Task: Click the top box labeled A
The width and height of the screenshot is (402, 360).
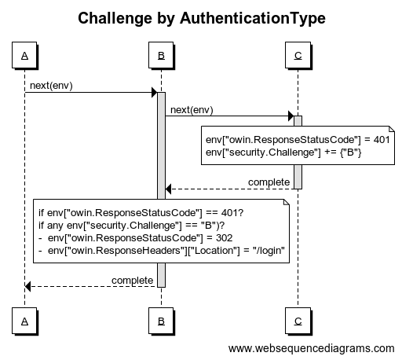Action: [x=24, y=55]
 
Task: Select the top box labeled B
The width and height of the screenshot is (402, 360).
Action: [x=161, y=55]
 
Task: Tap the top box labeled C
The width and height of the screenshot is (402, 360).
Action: [x=298, y=55]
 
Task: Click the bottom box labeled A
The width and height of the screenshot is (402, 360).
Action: [x=24, y=321]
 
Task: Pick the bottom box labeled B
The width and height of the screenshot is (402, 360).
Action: [x=161, y=321]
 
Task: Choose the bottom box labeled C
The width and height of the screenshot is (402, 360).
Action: [x=298, y=321]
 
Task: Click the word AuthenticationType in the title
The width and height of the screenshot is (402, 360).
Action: [x=253, y=18]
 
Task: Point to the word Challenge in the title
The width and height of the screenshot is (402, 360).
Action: [x=115, y=18]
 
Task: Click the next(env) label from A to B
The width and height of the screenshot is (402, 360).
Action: [x=51, y=86]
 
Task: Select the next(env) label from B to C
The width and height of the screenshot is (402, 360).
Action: [x=192, y=110]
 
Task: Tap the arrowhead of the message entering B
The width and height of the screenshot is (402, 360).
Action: [x=155, y=93]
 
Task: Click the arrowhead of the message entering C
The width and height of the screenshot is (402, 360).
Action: [x=291, y=116]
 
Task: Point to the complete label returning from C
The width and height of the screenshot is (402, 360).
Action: [x=269, y=182]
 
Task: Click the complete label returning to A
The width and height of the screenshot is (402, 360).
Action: [x=132, y=281]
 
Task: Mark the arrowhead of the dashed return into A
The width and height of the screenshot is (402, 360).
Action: [x=27, y=286]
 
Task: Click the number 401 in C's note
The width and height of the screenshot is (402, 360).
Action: [x=382, y=140]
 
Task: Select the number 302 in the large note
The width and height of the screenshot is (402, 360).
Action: [x=225, y=238]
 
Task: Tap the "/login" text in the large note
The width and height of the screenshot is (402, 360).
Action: [x=269, y=251]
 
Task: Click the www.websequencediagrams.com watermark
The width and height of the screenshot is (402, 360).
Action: [x=311, y=348]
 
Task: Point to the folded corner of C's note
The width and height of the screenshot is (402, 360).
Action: [x=392, y=129]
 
